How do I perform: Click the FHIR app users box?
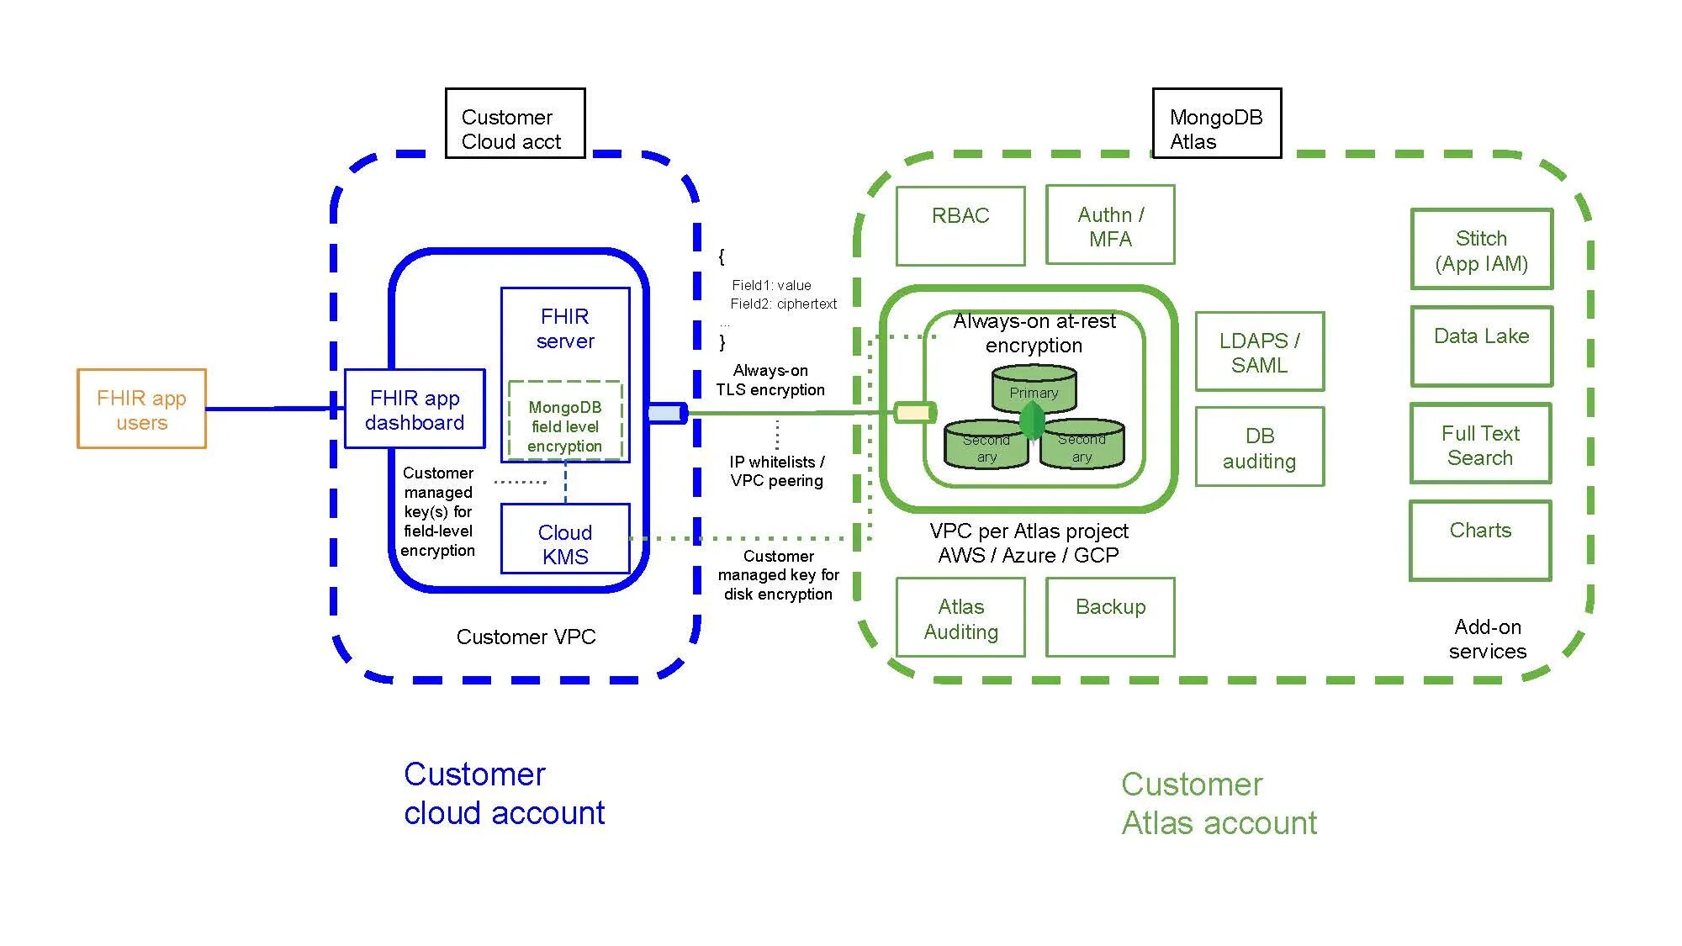(x=141, y=409)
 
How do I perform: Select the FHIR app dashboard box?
(x=415, y=409)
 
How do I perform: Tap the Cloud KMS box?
(x=565, y=539)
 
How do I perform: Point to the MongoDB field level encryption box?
(x=565, y=421)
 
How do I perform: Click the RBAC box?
(x=960, y=225)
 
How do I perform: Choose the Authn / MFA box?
(x=1110, y=225)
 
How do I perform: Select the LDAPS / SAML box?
(x=1260, y=351)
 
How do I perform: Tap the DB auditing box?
(x=1260, y=447)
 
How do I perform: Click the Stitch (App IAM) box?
(x=1482, y=249)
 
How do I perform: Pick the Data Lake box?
(x=1482, y=346)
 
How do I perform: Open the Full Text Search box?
(x=1481, y=444)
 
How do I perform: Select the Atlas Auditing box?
(x=960, y=617)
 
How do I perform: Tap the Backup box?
(x=1110, y=617)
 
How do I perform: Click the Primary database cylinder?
(x=1034, y=388)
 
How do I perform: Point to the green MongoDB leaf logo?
(x=1033, y=420)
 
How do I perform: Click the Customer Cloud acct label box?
(x=515, y=123)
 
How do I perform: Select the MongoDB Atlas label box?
(x=1217, y=123)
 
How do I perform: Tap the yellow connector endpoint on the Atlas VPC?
(x=914, y=412)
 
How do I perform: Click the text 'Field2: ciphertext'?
(x=783, y=304)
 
